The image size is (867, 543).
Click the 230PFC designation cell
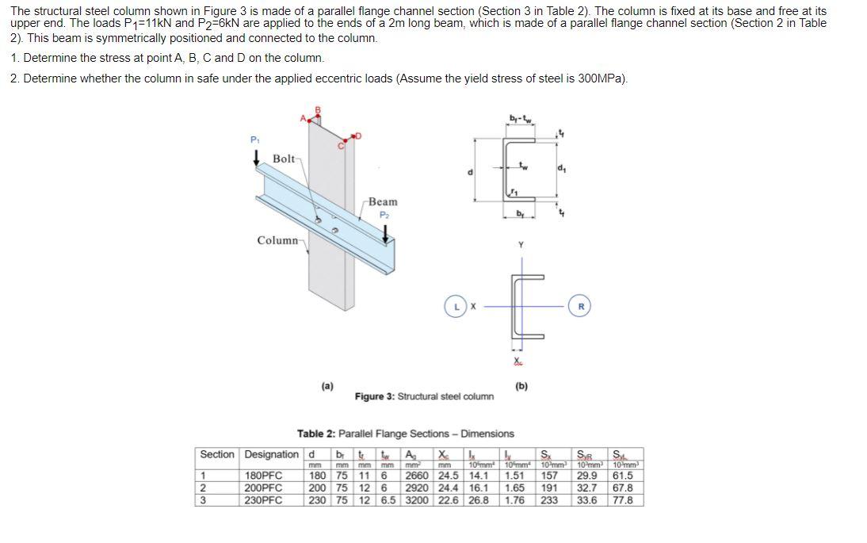264,500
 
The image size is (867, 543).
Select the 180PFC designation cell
264,476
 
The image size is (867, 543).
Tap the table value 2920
417,488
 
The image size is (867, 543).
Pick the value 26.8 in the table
479,500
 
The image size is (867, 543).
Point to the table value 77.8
623,500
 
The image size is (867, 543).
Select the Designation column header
272,454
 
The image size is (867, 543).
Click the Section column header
217,454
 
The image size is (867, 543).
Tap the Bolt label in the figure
285,159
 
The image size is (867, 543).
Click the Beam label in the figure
383,201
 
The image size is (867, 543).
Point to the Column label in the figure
277,240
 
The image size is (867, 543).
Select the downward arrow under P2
386,233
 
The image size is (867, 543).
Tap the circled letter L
457,304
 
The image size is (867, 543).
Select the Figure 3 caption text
424,396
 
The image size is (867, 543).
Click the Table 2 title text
405,434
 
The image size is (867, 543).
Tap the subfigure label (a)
327,386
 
